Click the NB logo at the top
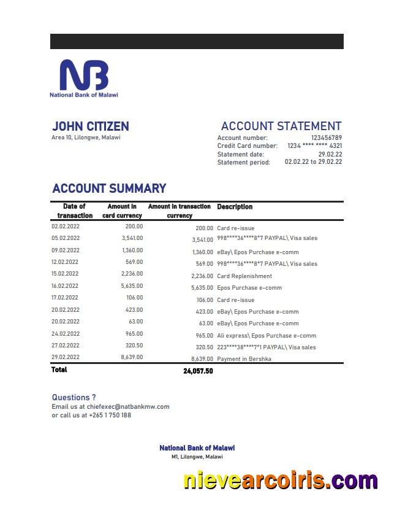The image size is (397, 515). tap(83, 76)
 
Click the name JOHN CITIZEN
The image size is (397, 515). tap(90, 126)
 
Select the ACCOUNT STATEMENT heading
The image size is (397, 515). tap(281, 126)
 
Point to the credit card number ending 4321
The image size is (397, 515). tap(314, 146)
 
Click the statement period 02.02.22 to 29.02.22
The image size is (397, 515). tap(313, 162)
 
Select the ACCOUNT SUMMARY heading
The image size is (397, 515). tap(109, 188)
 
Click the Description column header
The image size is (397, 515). tap(235, 207)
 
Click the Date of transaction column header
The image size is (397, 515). tap(74, 211)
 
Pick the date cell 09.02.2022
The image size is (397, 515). tap(66, 250)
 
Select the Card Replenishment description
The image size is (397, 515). tap(244, 276)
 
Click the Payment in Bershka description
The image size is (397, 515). tap(244, 359)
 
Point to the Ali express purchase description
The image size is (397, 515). tap(267, 336)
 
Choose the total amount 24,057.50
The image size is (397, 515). tap(198, 371)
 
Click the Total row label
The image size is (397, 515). tap(59, 370)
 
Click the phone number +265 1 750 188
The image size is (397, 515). tap(110, 415)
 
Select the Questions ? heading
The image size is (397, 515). tap(74, 397)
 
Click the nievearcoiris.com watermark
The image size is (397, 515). tap(280, 481)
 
